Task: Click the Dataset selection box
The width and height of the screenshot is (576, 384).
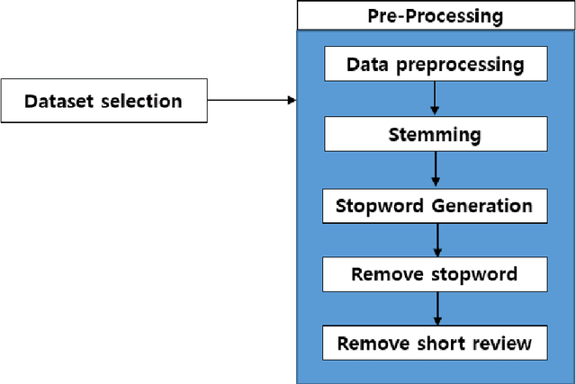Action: (x=103, y=101)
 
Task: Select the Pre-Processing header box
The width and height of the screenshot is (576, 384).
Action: (x=435, y=15)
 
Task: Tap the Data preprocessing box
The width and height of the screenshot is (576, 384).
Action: (x=435, y=66)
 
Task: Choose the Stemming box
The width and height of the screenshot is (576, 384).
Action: (x=435, y=136)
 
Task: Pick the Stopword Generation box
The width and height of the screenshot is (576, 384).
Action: (x=435, y=205)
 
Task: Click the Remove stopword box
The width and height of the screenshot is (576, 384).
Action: (x=435, y=274)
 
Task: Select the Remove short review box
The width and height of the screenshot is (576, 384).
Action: (x=435, y=344)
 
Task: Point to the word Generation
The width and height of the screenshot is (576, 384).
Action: (x=481, y=205)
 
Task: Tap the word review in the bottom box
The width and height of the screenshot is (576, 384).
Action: (x=504, y=344)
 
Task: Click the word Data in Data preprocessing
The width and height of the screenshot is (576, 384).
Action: (x=366, y=66)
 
